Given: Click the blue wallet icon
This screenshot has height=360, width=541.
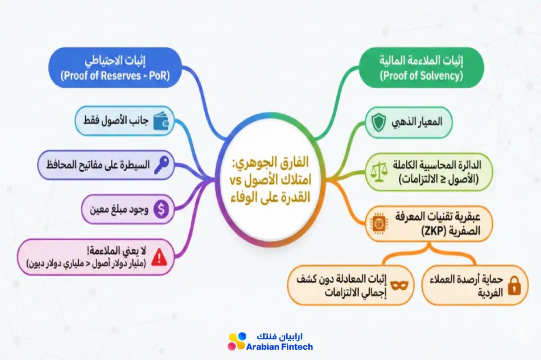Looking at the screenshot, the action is click(x=161, y=121).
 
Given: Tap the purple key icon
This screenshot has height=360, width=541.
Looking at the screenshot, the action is click(x=161, y=165).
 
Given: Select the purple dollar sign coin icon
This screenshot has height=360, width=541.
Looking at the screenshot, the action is click(x=161, y=209).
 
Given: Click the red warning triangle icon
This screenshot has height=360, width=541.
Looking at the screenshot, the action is click(x=159, y=257).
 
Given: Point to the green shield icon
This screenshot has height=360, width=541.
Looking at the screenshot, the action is click(x=378, y=123).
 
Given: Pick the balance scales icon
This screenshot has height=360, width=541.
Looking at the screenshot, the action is click(x=379, y=172).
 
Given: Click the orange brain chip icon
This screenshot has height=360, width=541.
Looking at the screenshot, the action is click(x=379, y=224).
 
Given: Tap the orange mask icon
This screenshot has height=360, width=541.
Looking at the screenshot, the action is click(x=399, y=286).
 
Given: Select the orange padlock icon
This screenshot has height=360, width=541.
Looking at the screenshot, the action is click(x=514, y=286).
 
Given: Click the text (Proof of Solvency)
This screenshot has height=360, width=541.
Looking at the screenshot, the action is click(x=422, y=76).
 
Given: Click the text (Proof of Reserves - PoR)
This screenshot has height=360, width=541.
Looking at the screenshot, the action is click(x=115, y=76).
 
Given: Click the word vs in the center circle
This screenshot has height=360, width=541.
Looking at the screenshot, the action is click(x=235, y=180).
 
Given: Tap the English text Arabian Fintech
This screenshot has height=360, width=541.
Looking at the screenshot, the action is click(x=280, y=347).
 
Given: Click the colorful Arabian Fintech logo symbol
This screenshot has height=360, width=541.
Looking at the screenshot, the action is click(x=237, y=342).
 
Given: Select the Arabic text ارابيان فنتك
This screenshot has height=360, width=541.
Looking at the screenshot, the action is click(x=280, y=337).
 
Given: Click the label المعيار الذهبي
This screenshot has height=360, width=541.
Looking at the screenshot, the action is click(x=417, y=122).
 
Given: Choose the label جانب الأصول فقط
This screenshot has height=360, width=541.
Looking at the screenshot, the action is click(x=116, y=120).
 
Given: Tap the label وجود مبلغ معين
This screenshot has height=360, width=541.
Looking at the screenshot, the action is click(x=119, y=210).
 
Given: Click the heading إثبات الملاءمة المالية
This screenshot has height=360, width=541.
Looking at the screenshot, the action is click(x=422, y=61).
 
